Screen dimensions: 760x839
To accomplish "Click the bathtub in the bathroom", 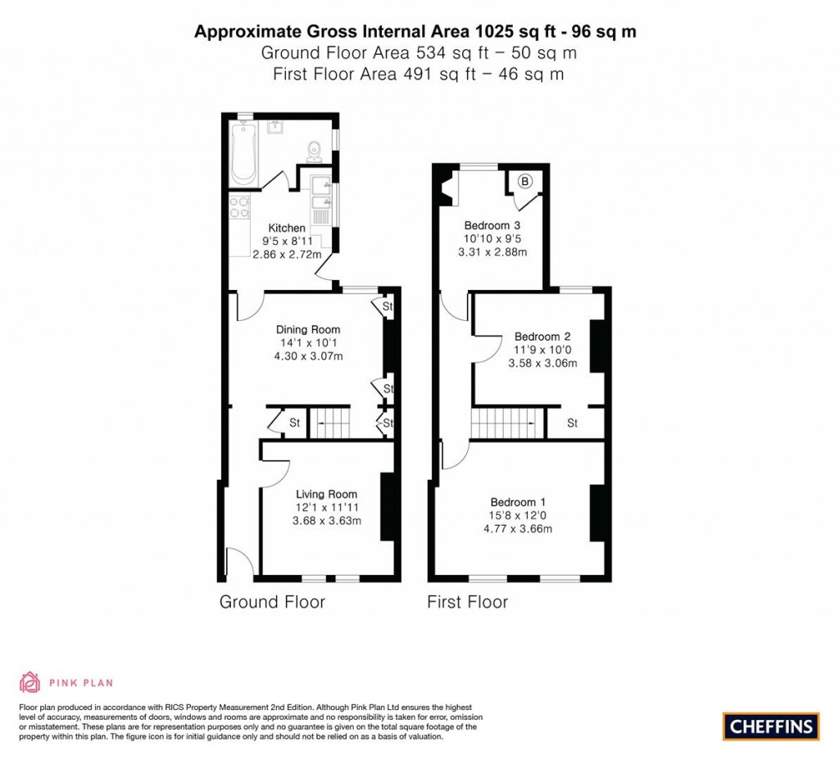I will click(243, 154).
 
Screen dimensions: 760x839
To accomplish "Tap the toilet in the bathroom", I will click(313, 152).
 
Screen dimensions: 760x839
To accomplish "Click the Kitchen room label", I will click(287, 228).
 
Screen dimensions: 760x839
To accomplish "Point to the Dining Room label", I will click(307, 330).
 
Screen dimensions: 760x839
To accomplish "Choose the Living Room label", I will click(326, 494).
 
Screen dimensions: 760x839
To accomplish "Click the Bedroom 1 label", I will click(518, 502).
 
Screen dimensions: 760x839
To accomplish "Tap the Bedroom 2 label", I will click(542, 337).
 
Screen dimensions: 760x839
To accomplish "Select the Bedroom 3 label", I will click(492, 225).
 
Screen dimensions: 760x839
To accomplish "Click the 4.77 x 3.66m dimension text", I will click(518, 528).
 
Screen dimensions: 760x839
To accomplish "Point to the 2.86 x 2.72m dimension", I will click(286, 255).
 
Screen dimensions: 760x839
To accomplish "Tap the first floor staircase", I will click(507, 423).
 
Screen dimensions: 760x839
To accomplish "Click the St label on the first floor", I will click(572, 423).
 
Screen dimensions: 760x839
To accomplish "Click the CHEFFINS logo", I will click(771, 726).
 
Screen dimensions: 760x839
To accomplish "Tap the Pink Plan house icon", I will click(29, 681).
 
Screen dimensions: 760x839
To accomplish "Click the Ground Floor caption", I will click(272, 603).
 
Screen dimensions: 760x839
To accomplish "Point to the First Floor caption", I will click(467, 603).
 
